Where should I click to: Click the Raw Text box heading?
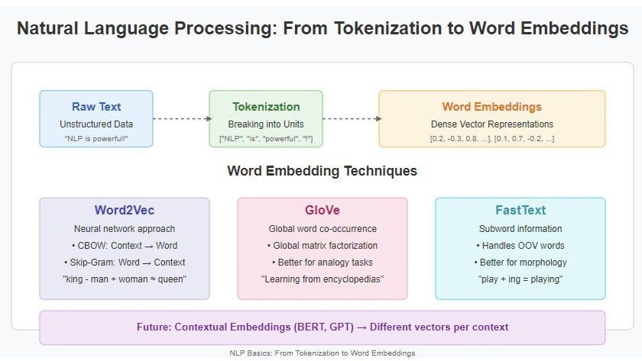point(96,107)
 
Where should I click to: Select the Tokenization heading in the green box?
point(265,107)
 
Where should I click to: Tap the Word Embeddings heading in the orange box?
point(491,107)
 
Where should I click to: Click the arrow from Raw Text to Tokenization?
point(181,118)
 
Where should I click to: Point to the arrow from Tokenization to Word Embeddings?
point(351,118)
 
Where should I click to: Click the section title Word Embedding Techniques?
point(322,170)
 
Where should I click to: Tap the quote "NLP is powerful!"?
point(96,138)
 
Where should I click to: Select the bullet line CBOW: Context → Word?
point(124,245)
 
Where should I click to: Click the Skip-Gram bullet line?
point(124,262)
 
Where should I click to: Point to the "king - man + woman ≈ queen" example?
point(124,279)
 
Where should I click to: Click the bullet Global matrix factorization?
point(322,245)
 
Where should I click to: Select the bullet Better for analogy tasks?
point(322,262)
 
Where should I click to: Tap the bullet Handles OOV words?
point(520,245)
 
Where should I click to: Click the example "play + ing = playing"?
point(520,279)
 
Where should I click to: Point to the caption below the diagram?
point(321,353)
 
